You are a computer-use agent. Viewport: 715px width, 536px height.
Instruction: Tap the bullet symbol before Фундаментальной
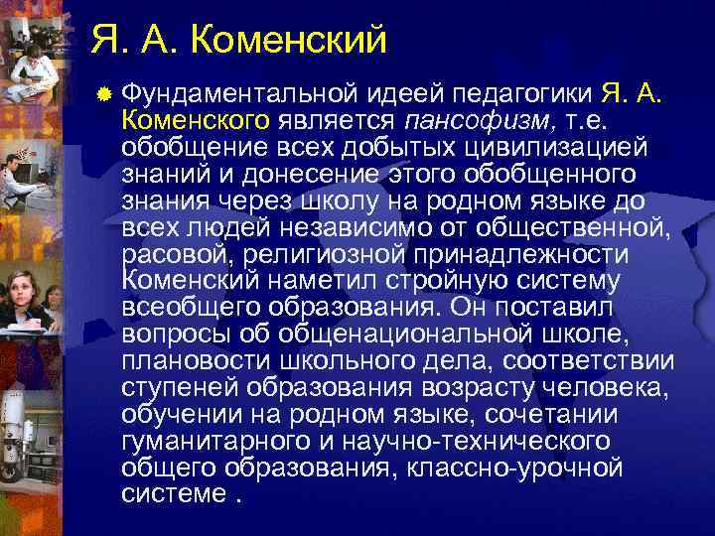click(103, 94)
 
